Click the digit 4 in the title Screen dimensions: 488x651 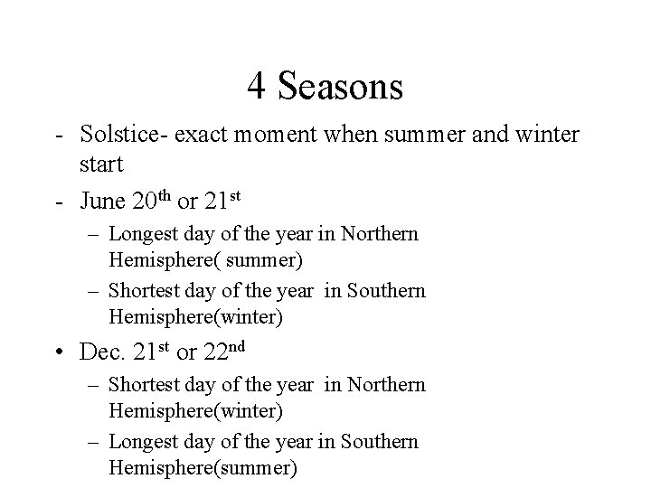(256, 87)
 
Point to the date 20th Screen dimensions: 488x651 (157, 198)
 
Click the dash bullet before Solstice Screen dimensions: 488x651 (58, 136)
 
